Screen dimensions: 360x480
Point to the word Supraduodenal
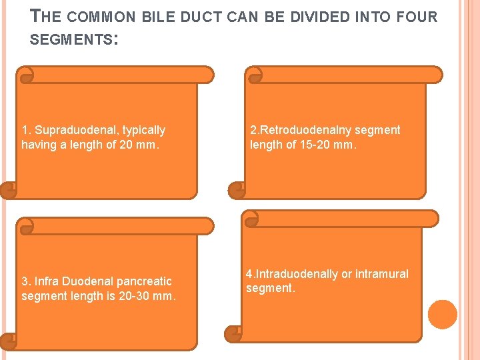point(77,130)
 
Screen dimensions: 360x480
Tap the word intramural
point(382,274)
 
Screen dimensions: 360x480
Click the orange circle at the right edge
point(443,314)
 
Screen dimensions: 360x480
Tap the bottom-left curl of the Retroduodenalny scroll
point(237,191)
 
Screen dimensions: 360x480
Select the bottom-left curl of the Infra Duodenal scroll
point(9,341)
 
